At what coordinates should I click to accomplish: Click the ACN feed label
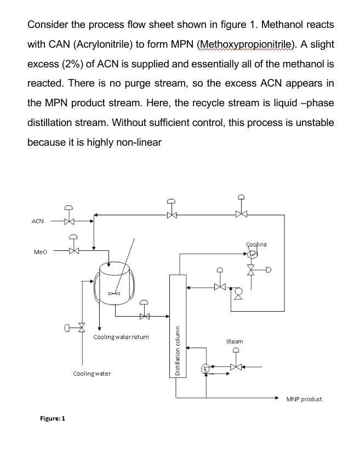(37, 221)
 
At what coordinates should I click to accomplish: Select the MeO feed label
(41, 252)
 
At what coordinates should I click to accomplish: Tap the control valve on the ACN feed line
(69, 222)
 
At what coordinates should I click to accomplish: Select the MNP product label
(304, 399)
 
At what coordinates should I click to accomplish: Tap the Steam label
(235, 341)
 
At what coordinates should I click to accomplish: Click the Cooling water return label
(121, 337)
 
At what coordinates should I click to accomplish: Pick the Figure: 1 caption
(53, 418)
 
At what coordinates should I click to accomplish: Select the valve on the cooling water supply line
(82, 328)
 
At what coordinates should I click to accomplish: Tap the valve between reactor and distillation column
(144, 316)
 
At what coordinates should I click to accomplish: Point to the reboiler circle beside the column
(205, 368)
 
